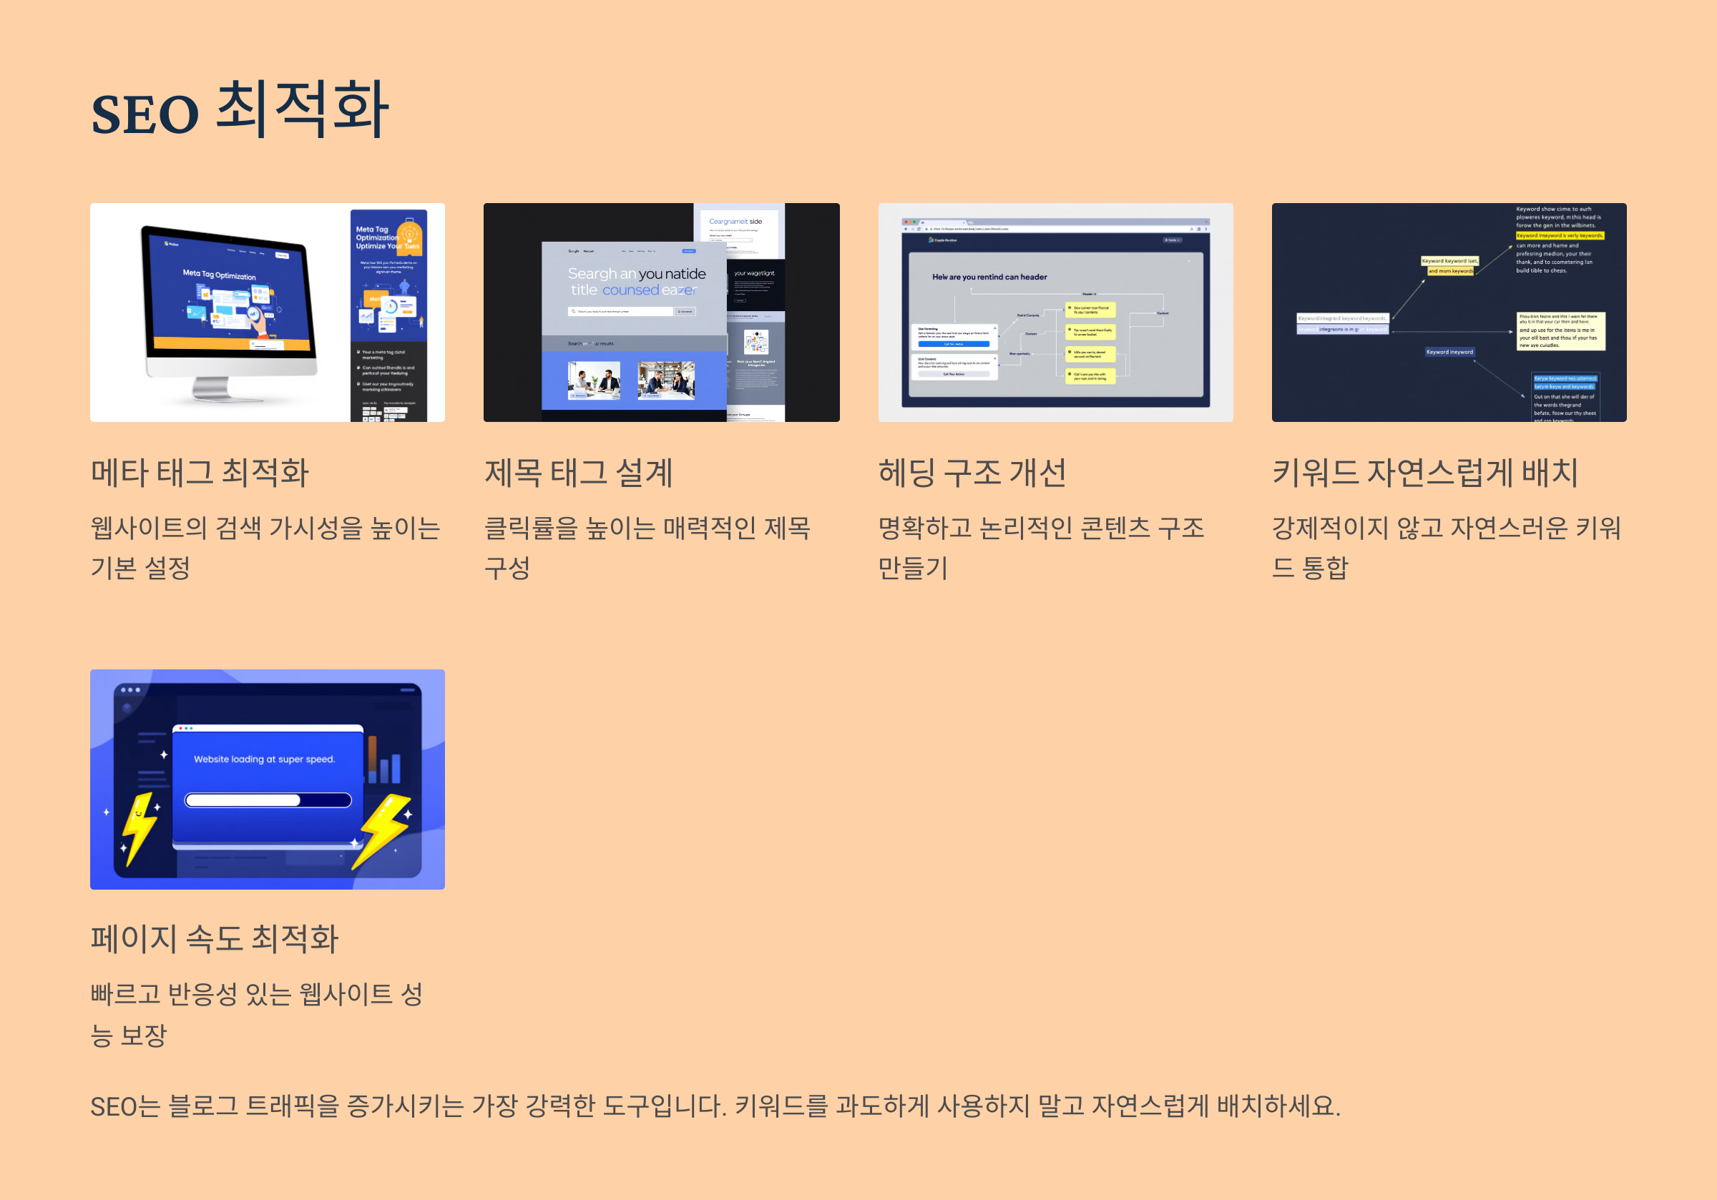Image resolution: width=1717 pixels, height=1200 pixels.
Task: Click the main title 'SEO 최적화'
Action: click(239, 112)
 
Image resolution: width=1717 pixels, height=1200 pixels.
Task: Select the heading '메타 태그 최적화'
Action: click(200, 473)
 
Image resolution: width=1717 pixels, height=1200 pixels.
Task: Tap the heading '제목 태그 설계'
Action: click(578, 473)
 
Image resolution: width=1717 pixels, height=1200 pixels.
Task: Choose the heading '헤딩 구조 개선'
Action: click(972, 473)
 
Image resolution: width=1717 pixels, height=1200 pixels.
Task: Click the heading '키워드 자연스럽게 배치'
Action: click(1424, 473)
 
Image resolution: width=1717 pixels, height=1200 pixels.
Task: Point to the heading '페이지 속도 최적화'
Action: click(215, 938)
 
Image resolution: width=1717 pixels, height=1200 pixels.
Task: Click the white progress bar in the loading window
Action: click(243, 800)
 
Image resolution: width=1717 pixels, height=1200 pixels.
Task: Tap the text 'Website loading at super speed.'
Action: click(264, 759)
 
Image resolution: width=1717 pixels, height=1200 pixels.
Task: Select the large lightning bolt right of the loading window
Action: click(383, 830)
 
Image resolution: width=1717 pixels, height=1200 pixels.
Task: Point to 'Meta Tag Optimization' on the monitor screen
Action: click(219, 275)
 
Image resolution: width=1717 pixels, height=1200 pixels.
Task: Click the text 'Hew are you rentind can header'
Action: click(989, 277)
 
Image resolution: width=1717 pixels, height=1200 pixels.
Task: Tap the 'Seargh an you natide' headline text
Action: click(636, 274)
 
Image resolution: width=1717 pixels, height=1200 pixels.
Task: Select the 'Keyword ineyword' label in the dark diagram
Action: click(1449, 351)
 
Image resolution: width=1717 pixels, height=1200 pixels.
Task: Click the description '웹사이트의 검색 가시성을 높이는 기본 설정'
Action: click(265, 547)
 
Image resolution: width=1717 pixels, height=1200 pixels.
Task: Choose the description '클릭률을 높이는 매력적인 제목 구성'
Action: click(647, 547)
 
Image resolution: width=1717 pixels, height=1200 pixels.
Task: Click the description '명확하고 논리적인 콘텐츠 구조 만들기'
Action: click(1041, 547)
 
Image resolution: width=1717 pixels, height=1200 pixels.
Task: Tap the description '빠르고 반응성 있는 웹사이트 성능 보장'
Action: click(257, 1014)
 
